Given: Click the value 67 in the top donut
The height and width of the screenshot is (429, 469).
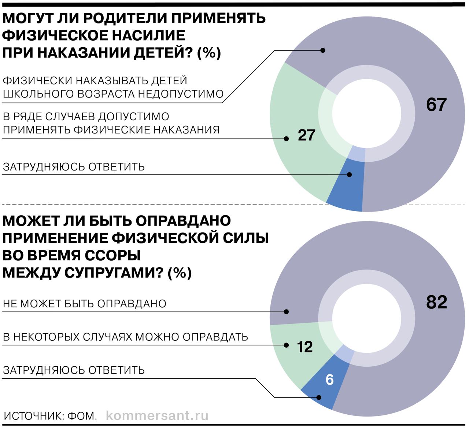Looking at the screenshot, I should [436, 105].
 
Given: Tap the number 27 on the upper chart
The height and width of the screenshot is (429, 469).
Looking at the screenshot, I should [306, 135].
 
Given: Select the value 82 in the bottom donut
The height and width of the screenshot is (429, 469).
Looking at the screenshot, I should [436, 302].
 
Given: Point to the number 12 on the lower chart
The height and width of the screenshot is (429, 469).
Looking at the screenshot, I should [305, 346].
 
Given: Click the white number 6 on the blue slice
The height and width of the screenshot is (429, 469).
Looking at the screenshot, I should [329, 380].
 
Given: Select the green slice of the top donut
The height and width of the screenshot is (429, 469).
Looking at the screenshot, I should [293, 110].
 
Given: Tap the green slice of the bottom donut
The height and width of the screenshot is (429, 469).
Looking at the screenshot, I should [289, 363].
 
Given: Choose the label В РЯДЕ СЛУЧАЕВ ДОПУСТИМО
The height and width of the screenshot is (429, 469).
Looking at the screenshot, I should [86, 117].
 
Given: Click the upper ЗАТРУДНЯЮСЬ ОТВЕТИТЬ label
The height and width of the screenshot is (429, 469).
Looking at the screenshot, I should [74, 167].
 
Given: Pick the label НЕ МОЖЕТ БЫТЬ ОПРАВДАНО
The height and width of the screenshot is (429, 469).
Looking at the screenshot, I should [84, 304].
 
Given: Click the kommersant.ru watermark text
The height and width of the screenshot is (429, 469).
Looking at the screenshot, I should [157, 416].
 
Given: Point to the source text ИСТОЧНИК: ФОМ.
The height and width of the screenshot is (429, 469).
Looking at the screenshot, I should [50, 416].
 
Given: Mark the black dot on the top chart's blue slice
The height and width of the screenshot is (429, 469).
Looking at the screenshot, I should [349, 175].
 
